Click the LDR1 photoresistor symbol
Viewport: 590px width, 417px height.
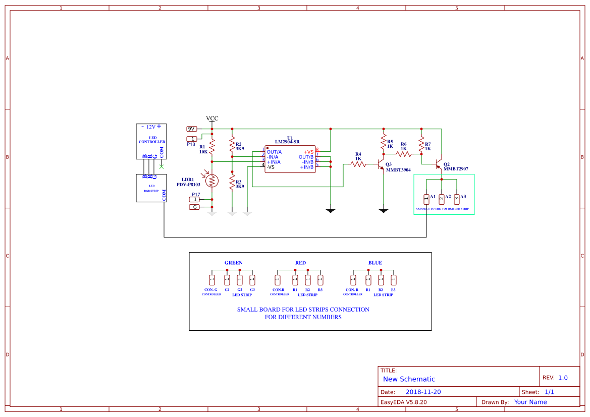(x=212, y=180)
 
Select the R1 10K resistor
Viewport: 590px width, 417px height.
(x=212, y=147)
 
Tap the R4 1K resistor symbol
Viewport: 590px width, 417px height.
(x=358, y=164)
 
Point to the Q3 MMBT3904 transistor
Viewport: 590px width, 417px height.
(x=381, y=164)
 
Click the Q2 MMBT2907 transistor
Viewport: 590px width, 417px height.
(x=439, y=165)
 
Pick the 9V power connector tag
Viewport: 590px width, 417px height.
(x=192, y=129)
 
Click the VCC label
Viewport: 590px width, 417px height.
(x=212, y=118)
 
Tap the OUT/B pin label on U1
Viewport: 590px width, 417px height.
(x=306, y=157)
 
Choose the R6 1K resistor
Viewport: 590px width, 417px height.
(x=404, y=154)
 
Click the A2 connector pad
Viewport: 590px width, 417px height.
(x=442, y=199)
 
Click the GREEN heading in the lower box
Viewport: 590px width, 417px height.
(x=233, y=263)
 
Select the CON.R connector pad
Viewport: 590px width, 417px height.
(x=277, y=279)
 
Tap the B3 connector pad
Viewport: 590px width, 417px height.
(x=394, y=279)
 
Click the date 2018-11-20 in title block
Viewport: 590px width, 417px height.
(x=423, y=392)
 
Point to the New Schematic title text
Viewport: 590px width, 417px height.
(x=409, y=379)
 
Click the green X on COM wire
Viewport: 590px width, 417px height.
(x=162, y=166)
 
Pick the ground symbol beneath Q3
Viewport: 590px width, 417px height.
(x=384, y=210)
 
